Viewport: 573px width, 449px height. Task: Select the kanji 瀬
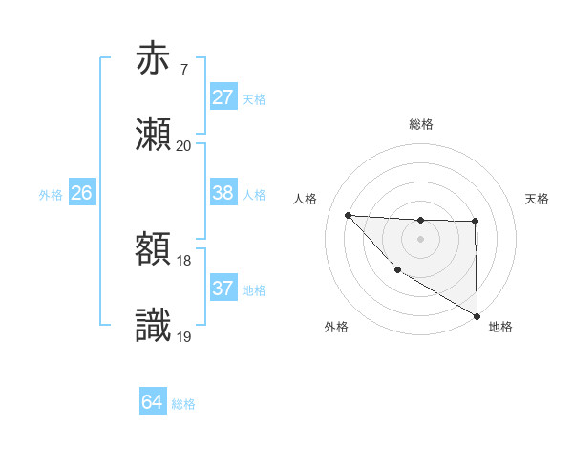click(x=153, y=135)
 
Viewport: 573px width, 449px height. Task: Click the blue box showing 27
click(x=223, y=97)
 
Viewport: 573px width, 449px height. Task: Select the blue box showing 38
click(x=223, y=193)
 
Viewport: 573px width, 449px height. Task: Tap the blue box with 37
click(x=223, y=289)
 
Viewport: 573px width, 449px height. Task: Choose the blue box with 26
click(x=81, y=193)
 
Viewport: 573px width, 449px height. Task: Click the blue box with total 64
click(x=152, y=402)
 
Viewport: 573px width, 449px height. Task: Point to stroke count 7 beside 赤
click(x=183, y=69)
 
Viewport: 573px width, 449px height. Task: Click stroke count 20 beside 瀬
click(x=183, y=145)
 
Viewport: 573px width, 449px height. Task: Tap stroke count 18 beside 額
click(x=183, y=260)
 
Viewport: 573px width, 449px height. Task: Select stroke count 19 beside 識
click(x=183, y=335)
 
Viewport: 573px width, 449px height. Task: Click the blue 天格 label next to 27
click(x=253, y=99)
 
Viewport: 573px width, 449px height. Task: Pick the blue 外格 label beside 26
click(x=51, y=195)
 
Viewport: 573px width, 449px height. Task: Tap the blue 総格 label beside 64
click(x=183, y=404)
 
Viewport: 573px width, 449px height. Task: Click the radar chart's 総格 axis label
click(x=420, y=124)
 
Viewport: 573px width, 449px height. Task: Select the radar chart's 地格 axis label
click(x=500, y=327)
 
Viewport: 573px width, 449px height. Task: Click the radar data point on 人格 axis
click(x=348, y=215)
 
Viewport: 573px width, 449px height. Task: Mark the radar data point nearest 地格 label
click(x=477, y=316)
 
